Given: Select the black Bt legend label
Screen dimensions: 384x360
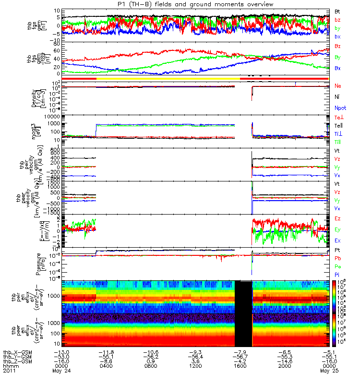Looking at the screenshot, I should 338,11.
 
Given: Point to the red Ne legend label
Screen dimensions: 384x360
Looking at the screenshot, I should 338,85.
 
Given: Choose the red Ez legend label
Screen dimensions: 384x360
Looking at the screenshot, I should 338,219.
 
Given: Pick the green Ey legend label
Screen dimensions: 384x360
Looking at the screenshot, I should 338,229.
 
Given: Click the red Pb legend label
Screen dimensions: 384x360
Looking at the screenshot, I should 338,258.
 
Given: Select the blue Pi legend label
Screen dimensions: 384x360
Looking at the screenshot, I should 337,275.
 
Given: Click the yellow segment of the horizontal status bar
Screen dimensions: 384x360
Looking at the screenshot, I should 168,78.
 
